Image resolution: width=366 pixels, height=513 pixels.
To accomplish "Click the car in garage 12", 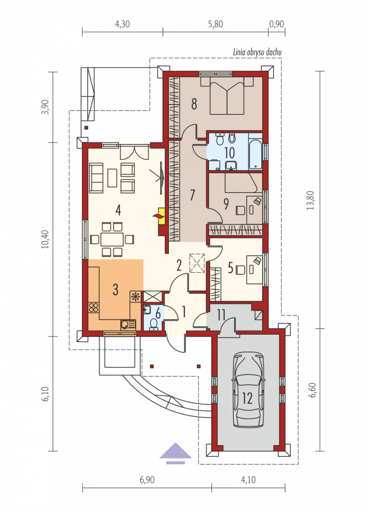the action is [x=248, y=389].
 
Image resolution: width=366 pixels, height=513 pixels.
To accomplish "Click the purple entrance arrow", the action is [x=176, y=453].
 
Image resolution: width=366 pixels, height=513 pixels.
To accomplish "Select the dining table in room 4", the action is [x=112, y=239].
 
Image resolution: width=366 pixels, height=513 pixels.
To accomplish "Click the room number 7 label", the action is [x=193, y=195].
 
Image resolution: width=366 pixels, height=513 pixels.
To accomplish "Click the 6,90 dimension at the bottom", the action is [x=147, y=480].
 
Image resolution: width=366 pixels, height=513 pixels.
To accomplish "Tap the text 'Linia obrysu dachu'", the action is [x=257, y=52].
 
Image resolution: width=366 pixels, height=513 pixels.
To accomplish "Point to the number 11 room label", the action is [x=221, y=315].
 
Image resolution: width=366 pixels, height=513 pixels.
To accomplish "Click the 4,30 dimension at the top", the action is [x=122, y=24].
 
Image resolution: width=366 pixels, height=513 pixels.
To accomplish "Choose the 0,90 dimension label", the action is [x=276, y=24].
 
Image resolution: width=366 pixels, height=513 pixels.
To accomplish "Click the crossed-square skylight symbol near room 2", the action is [x=197, y=263].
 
